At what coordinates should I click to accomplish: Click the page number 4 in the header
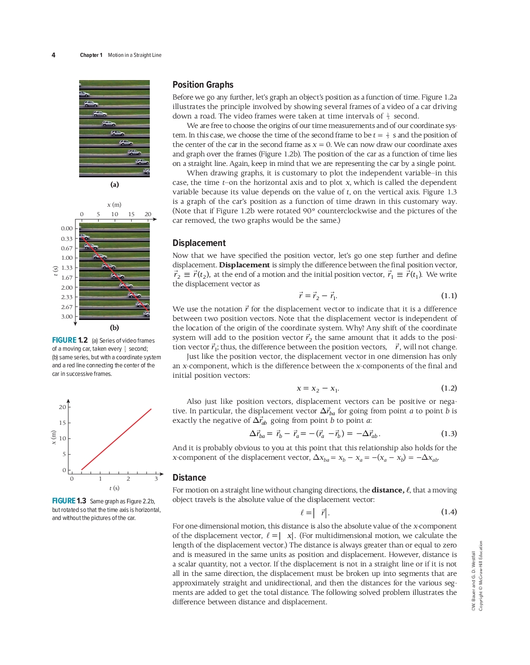pyautogui.click(x=54, y=55)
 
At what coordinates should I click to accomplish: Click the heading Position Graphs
pyautogui.click(x=203, y=85)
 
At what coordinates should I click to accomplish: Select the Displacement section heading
pyautogui.click(x=199, y=243)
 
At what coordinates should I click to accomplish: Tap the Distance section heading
pyautogui.click(x=189, y=478)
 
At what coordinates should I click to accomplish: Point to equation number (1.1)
pyautogui.click(x=449, y=296)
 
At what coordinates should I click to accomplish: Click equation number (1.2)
pyautogui.click(x=449, y=388)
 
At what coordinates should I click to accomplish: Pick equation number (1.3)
pyautogui.click(x=449, y=434)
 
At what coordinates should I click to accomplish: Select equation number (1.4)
pyautogui.click(x=449, y=512)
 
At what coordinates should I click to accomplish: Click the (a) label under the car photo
pyautogui.click(x=114, y=184)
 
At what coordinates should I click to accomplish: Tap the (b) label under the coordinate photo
pyautogui.click(x=114, y=328)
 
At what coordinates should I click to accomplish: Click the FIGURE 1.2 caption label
pyautogui.click(x=70, y=340)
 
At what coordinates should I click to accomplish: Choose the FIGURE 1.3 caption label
pyautogui.click(x=69, y=501)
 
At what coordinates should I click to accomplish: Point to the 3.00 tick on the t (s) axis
pyautogui.click(x=67, y=317)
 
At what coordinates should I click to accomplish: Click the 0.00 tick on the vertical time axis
pyautogui.click(x=67, y=228)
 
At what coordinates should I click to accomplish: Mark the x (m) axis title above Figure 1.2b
pyautogui.click(x=114, y=205)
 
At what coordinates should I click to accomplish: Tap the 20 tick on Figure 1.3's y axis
pyautogui.click(x=62, y=407)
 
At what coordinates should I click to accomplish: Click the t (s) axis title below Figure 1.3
pyautogui.click(x=114, y=488)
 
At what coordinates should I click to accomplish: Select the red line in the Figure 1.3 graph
pyautogui.click(x=117, y=439)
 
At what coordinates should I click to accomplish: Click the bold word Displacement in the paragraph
pyautogui.click(x=244, y=265)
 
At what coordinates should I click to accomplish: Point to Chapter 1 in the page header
pyautogui.click(x=91, y=55)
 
